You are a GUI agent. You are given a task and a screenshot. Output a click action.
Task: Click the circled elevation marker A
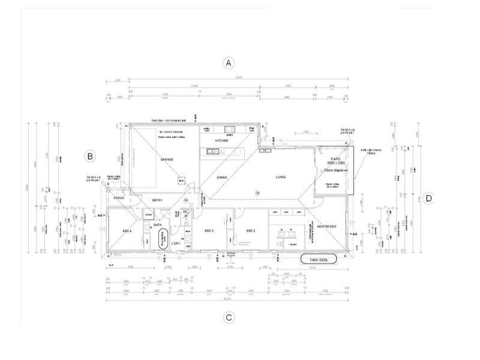pyautogui.click(x=227, y=63)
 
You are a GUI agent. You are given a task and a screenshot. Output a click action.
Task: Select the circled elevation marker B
pyautogui.click(x=89, y=157)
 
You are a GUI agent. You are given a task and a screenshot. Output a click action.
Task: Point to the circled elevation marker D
pyautogui.click(x=428, y=199)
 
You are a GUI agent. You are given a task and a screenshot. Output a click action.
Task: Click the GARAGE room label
pyautogui.click(x=166, y=160)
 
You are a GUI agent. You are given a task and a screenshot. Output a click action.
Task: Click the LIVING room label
pyautogui.click(x=280, y=178)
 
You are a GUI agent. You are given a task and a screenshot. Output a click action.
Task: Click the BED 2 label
pyautogui.click(x=251, y=231)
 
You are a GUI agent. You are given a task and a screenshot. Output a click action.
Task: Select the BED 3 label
pyautogui.click(x=209, y=231)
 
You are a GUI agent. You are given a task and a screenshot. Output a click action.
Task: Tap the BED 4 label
pyautogui.click(x=127, y=231)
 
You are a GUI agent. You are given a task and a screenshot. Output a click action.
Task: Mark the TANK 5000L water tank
pyautogui.click(x=319, y=260)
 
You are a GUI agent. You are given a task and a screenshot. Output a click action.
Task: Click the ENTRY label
pyautogui.click(x=157, y=200)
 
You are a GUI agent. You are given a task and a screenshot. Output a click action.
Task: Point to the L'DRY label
pyautogui.click(x=176, y=244)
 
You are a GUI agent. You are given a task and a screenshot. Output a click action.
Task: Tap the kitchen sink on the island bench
pyautogui.click(x=212, y=151)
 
